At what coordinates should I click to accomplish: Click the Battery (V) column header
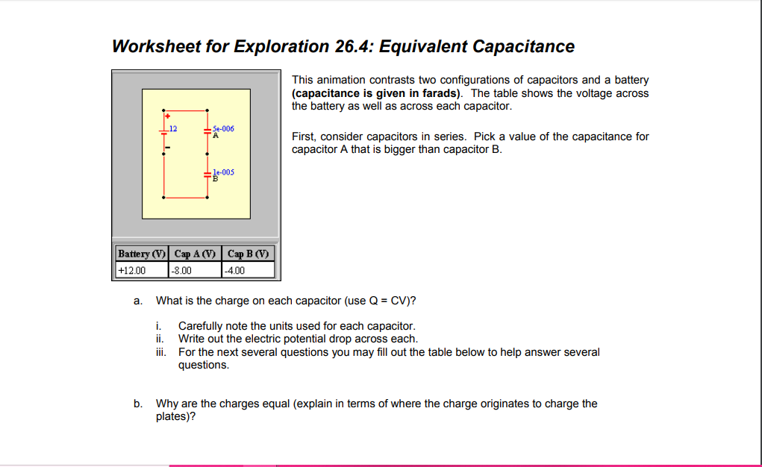pyautogui.click(x=142, y=254)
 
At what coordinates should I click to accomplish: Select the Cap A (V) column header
pyautogui.click(x=196, y=254)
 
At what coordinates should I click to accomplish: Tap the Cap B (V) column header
pyautogui.click(x=249, y=254)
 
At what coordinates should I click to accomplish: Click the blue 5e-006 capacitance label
pyautogui.click(x=223, y=128)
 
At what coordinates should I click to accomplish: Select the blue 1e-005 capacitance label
pyautogui.click(x=223, y=172)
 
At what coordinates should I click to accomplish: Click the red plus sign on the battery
pyautogui.click(x=168, y=117)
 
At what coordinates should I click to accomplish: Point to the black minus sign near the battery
pyautogui.click(x=168, y=148)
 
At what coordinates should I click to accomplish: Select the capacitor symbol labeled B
pyautogui.click(x=207, y=174)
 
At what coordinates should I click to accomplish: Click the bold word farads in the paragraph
pyautogui.click(x=434, y=93)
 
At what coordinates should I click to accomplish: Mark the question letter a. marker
pyautogui.click(x=137, y=301)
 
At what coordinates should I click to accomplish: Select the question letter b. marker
pyautogui.click(x=137, y=404)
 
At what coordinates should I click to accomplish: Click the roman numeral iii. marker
pyautogui.click(x=160, y=352)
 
